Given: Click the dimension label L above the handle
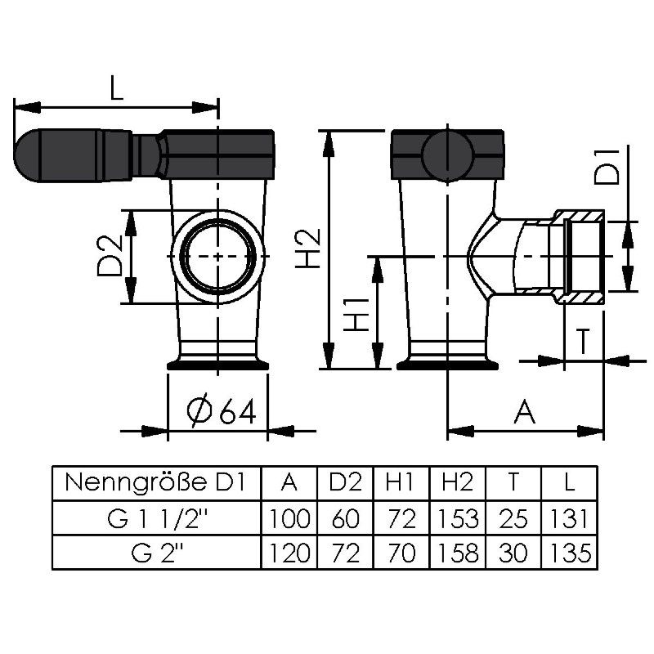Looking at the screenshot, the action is [117, 87].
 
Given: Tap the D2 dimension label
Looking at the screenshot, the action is [110, 256].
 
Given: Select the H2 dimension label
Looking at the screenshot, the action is [308, 249].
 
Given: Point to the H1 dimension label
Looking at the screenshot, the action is [356, 315].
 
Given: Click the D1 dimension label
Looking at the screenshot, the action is [607, 164].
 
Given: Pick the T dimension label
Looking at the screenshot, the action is [584, 341].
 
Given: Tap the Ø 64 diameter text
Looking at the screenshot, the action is [221, 412].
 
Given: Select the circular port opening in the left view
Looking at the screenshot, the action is [218, 257].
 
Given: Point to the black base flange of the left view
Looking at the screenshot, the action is [217, 365].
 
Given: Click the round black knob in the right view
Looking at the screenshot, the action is [447, 155].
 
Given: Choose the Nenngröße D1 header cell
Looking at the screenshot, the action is [155, 483].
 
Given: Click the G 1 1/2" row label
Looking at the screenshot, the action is [157, 518].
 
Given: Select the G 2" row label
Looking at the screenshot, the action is [157, 553].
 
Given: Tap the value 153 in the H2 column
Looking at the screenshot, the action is [458, 518].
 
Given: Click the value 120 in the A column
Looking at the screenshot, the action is [289, 553].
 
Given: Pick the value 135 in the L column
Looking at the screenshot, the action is [570, 553].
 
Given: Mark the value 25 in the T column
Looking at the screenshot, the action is [513, 518].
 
